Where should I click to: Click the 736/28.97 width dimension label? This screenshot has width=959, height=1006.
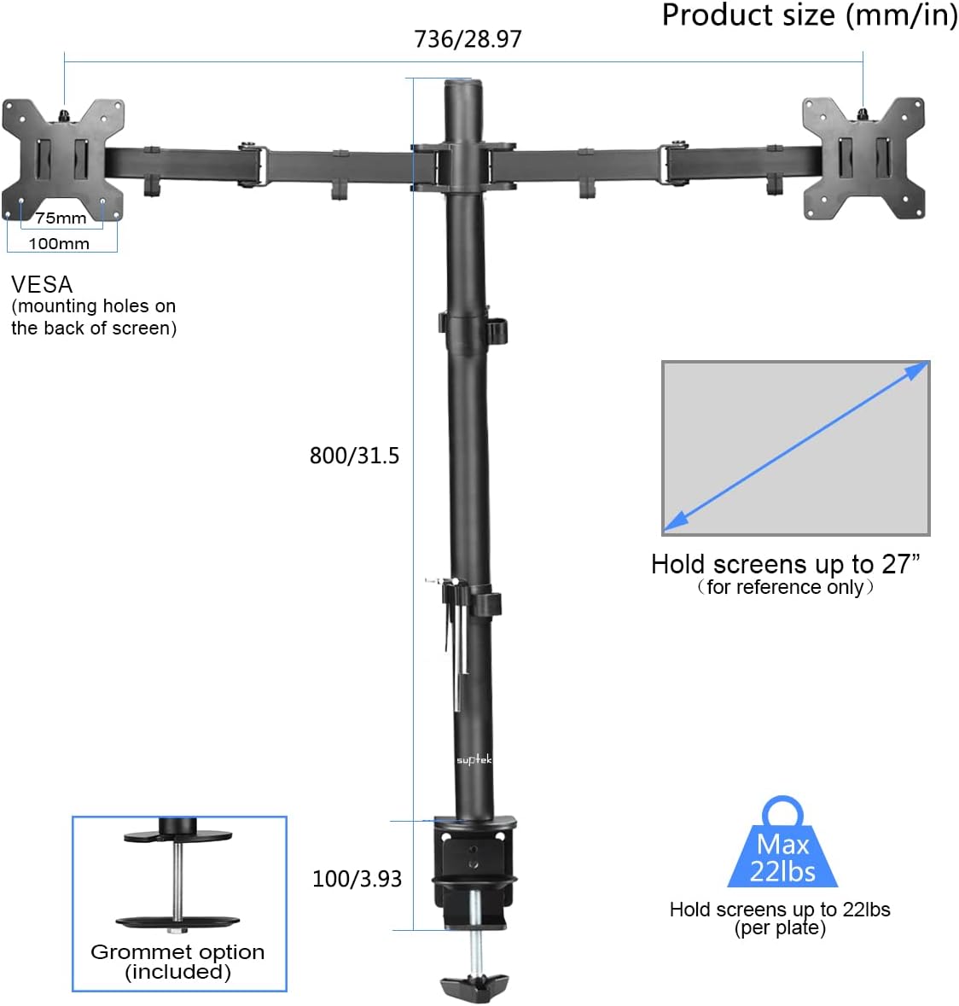pos(468,39)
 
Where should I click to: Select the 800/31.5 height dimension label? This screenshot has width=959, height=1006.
pos(354,456)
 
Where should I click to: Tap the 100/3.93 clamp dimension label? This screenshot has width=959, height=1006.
pos(357,879)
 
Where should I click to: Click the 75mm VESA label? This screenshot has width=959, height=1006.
pos(61,218)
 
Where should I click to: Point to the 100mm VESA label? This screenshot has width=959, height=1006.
pos(59,244)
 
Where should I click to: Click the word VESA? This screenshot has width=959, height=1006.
pos(42,284)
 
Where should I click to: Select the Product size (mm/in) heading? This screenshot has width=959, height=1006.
pos(809,15)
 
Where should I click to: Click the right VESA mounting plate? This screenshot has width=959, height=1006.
pos(863,158)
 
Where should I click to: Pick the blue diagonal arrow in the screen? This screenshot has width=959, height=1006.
pos(796,447)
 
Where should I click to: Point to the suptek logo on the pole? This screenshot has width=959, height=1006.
pos(474,759)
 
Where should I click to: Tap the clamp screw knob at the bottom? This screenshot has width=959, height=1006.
pos(474,987)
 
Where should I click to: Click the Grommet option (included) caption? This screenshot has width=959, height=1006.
pos(177,962)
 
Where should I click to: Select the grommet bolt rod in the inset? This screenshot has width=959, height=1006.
pos(177,879)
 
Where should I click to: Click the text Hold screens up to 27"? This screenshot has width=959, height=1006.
pos(785,564)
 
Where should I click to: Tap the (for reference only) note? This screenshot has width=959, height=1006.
pos(785,587)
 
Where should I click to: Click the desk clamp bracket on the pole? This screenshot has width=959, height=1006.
pos(474,862)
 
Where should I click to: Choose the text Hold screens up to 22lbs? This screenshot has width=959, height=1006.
pos(780,910)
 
